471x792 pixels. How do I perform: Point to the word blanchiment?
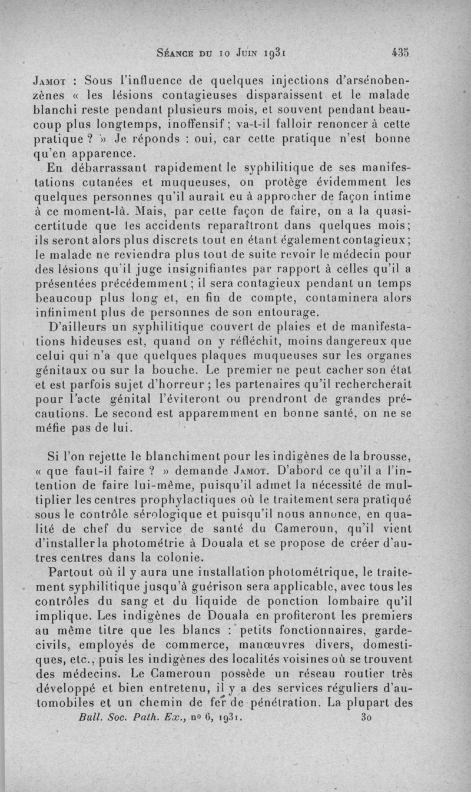(195, 456)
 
